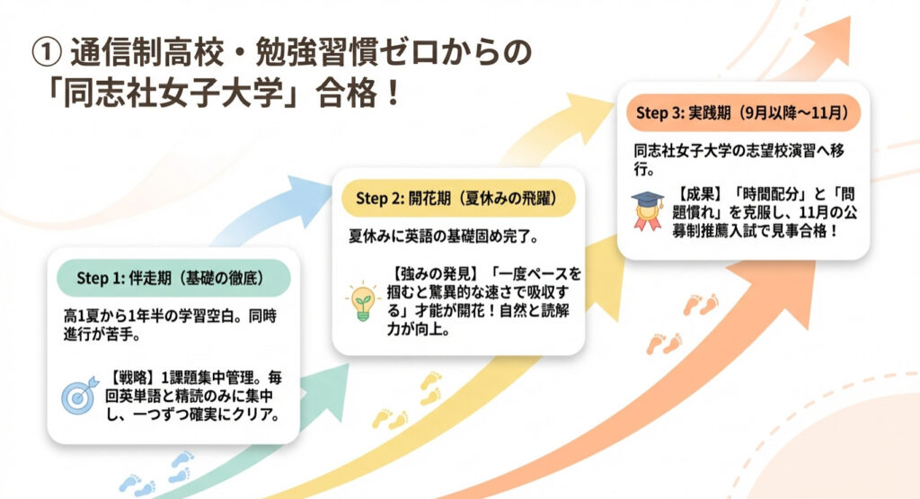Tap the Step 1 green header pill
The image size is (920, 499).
pos(173,278)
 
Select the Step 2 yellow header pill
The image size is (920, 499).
pos(458,199)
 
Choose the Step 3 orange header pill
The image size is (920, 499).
pos(743,112)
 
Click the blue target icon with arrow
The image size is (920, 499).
pos(80,395)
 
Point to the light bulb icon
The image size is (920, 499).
pos(363,300)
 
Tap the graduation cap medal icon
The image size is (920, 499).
pos(647,210)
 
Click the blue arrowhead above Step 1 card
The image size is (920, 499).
pos(307,200)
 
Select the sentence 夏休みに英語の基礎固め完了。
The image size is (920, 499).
pos(444,236)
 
